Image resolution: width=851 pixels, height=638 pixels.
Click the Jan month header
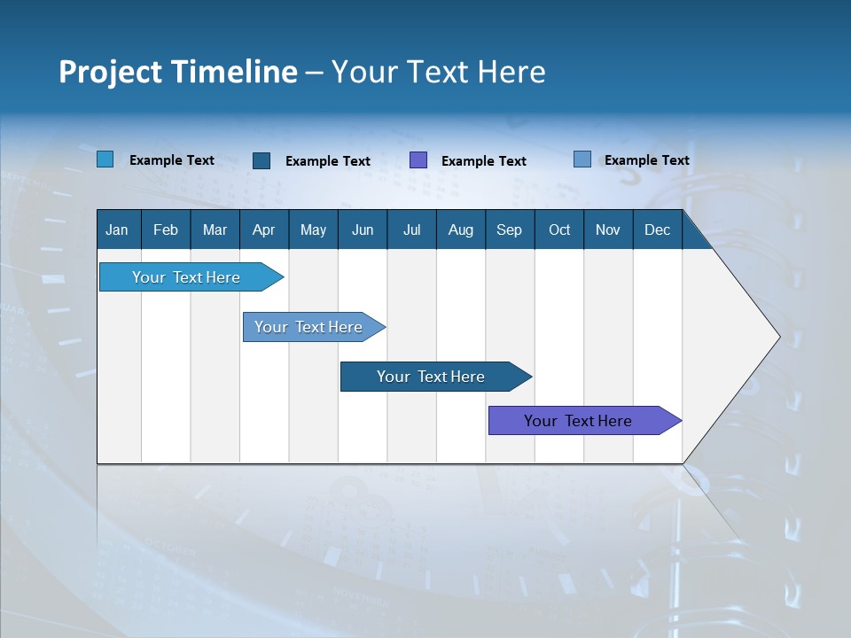point(118,230)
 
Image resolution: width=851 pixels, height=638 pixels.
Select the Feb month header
point(166,230)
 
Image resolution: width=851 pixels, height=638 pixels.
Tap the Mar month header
point(215,230)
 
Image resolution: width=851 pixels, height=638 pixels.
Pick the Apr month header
point(264,230)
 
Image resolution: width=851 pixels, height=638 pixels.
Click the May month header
point(313,230)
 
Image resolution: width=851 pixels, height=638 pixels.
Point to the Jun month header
point(363,230)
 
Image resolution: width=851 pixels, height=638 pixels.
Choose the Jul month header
point(411,230)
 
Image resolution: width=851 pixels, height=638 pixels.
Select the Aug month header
point(461,230)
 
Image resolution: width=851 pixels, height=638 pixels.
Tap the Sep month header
point(510,230)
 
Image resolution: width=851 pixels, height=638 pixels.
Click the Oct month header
point(559,230)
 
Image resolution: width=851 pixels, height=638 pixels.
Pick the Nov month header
point(608,230)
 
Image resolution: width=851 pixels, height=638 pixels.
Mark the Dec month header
point(658,230)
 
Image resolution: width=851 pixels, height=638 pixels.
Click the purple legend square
point(418,160)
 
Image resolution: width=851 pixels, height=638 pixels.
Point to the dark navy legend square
point(262,160)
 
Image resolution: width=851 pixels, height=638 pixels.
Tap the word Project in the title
point(110,72)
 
